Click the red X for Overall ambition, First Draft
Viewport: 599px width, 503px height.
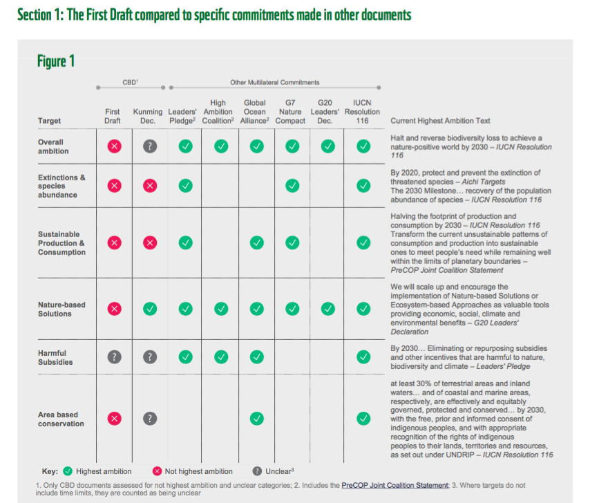pos(115,146)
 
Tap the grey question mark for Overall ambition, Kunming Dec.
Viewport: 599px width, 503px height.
pos(150,146)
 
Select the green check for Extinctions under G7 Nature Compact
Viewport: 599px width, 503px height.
pos(292,185)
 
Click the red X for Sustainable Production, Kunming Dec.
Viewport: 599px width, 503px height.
pos(150,243)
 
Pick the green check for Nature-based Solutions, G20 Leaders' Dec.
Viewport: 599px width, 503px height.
pos(328,308)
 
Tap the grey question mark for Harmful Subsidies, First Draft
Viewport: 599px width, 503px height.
pos(115,357)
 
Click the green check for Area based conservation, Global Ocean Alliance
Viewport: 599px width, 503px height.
pos(256,418)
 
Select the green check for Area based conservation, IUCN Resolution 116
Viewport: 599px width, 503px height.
pos(363,418)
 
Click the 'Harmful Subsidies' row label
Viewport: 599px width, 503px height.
pos(55,357)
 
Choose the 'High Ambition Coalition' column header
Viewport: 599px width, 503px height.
pos(218,112)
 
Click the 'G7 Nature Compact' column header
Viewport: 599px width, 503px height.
pos(290,112)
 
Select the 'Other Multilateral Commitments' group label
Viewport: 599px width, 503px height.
pos(275,83)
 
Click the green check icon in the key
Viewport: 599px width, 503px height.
pos(68,471)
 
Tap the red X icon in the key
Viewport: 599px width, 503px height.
pos(158,471)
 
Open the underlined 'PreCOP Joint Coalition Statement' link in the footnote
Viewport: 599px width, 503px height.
pos(394,486)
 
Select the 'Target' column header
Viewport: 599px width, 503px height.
pos(49,121)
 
